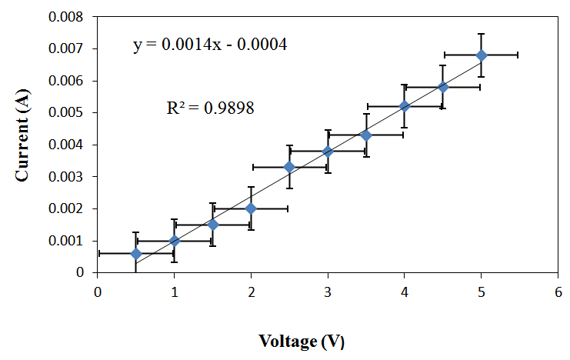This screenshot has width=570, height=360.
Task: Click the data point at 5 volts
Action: (482, 55)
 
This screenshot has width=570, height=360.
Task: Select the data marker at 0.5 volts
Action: (136, 253)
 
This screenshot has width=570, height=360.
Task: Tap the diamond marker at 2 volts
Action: (251, 208)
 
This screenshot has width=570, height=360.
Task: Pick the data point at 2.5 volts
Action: (289, 167)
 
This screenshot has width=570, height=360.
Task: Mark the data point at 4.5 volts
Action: (443, 87)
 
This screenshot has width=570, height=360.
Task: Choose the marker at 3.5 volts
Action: (366, 135)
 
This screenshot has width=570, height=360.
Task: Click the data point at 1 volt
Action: (175, 241)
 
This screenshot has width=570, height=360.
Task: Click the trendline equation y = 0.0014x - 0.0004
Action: (210, 45)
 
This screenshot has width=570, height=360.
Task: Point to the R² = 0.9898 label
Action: (210, 108)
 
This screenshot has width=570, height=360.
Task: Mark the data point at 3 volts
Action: (328, 152)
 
